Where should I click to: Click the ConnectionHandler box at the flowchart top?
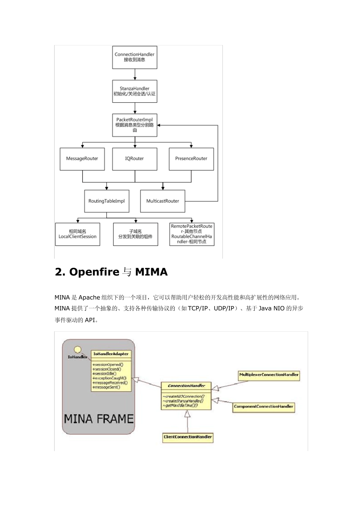tap(135, 57)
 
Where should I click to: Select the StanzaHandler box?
tap(135, 91)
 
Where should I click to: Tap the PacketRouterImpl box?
tap(135, 125)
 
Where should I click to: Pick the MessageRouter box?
tap(82, 159)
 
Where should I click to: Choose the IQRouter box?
tap(135, 159)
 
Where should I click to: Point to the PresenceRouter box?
tap(191, 159)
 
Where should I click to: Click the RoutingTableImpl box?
tap(106, 201)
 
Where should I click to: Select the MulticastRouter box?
tap(163, 201)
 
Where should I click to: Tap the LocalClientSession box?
tap(78, 234)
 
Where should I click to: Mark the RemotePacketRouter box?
tap(192, 234)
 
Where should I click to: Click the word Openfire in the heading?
tap(94, 272)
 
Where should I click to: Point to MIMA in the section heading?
tap(151, 272)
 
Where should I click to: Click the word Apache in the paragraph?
tap(89, 297)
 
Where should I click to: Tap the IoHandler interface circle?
tap(77, 349)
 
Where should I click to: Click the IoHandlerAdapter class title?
tap(111, 354)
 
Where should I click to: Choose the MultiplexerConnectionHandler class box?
tap(269, 375)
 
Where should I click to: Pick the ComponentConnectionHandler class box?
tap(263, 407)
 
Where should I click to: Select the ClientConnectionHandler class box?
tap(188, 437)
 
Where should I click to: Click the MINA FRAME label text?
tap(99, 419)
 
